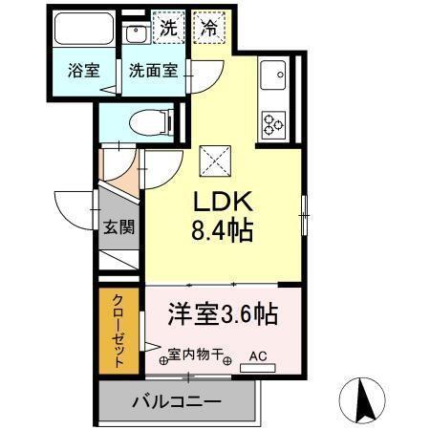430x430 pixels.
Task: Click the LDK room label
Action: click(225, 204)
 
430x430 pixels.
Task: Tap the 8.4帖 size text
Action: click(226, 230)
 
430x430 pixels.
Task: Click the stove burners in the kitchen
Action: click(273, 123)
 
